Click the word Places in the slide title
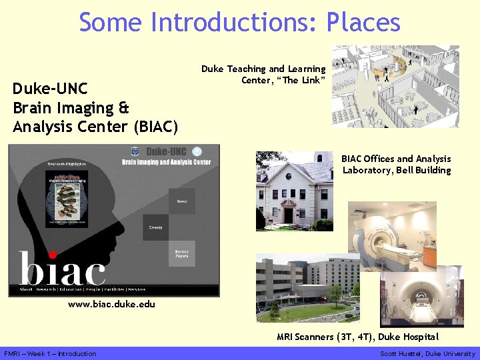[363, 23]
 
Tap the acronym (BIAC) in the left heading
[157, 126]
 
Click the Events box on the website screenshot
[155, 228]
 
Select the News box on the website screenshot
[181, 201]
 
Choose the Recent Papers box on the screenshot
[181, 253]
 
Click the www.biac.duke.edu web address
[111, 305]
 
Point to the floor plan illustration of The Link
[395, 86]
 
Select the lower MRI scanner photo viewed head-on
[425, 295]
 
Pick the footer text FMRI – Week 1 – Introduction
[50, 354]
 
